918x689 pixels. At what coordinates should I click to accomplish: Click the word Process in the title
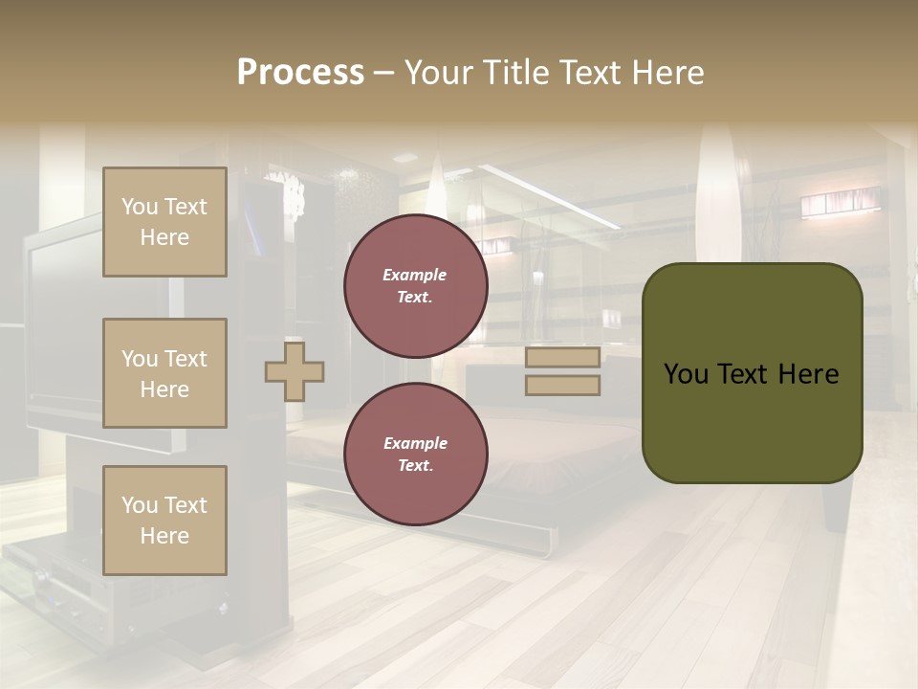[300, 73]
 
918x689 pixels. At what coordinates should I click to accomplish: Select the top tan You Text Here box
[164, 222]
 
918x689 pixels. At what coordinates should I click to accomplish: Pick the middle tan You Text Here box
[164, 373]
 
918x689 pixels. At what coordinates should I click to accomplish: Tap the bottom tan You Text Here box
[164, 521]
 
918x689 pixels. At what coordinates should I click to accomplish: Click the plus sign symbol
[295, 371]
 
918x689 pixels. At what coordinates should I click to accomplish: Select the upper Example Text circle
[415, 286]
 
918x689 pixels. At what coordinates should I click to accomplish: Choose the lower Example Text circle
[415, 455]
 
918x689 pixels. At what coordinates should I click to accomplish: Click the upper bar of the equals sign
[562, 358]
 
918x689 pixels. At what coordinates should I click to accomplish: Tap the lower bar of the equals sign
[562, 386]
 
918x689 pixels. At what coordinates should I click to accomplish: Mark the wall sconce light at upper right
[839, 202]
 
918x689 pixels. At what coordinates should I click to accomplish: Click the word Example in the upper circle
[415, 275]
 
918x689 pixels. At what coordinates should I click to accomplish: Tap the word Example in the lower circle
[415, 443]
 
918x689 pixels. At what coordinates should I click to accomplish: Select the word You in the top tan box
[139, 207]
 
